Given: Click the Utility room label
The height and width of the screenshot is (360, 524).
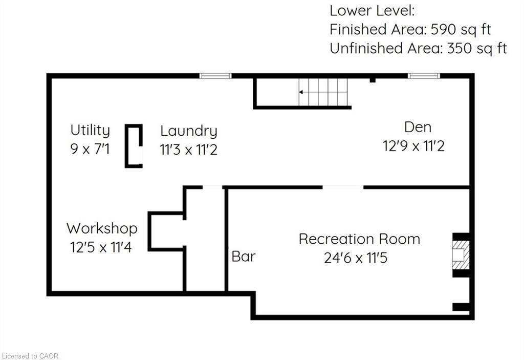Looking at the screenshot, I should pos(90,130).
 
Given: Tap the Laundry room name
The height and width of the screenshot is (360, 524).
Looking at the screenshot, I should pos(188,131).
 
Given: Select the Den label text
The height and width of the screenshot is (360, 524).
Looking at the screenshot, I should pos(418,127).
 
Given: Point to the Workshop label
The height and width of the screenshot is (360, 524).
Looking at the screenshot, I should pos(102,228).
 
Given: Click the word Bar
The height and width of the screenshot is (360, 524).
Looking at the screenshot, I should pos(243,256).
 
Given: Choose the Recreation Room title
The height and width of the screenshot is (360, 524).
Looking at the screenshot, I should pos(359,239).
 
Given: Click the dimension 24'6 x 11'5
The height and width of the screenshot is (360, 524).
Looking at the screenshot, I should pos(356,258).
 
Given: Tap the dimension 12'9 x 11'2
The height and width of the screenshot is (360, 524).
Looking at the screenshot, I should pos(413,146).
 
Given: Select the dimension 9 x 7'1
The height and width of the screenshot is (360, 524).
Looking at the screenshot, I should pos(90,150).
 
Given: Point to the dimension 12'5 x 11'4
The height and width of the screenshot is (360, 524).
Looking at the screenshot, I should pos(101,248).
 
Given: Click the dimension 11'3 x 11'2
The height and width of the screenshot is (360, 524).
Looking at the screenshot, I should pos(188,151).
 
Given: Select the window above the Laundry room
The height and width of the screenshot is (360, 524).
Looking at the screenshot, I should pos(215,76).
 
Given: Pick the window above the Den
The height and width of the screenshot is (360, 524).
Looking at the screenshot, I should pos(424,76).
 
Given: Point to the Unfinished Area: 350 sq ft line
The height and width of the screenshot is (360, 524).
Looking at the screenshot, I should pos(418,49).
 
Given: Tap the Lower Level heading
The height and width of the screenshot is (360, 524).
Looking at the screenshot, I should pos(372,10).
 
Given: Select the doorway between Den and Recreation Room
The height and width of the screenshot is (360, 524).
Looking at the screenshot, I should pos(343,187).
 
